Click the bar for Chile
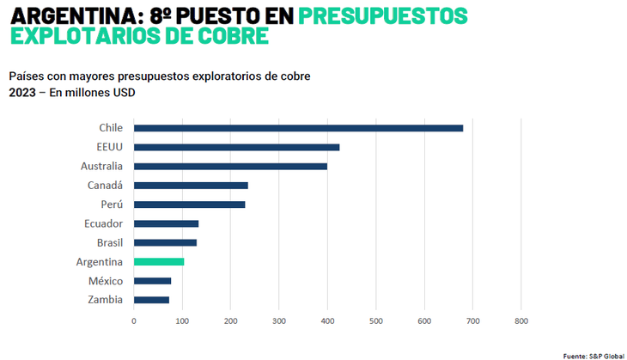[298, 128]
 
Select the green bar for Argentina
[159, 261]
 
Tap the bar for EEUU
[236, 147]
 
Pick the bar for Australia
[230, 166]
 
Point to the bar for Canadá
[191, 185]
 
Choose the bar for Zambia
[151, 300]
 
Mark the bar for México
[152, 281]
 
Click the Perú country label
[111, 204]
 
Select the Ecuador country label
[104, 223]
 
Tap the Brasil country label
[108, 242]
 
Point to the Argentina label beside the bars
[99, 261]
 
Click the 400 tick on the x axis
[327, 321]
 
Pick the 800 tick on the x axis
[520, 321]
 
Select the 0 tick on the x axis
[134, 321]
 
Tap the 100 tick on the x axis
[182, 321]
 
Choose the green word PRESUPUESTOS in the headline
[383, 15]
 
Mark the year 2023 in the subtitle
[22, 93]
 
